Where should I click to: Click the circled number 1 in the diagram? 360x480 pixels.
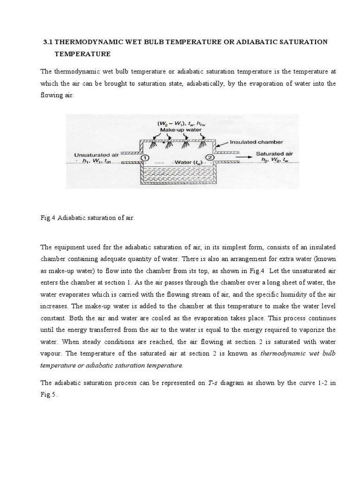click(145, 158)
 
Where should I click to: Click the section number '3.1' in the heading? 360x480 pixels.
click(48, 42)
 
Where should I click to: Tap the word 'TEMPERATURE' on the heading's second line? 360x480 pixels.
click(82, 54)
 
